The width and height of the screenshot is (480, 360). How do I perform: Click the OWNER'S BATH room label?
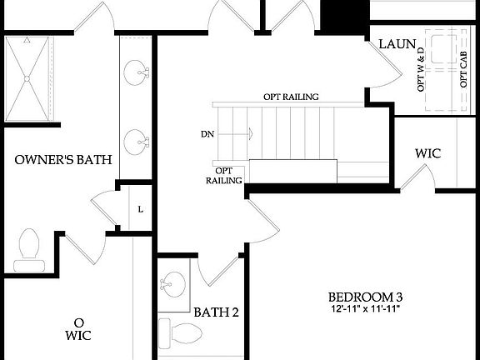click(x=64, y=161)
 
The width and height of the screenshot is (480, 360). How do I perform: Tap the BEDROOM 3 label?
click(x=365, y=297)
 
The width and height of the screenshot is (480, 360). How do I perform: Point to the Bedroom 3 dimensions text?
click(x=365, y=311)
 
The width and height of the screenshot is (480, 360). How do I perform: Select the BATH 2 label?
click(x=217, y=313)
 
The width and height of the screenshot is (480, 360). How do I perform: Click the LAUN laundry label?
click(x=397, y=44)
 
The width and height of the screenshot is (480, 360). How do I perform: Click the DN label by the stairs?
click(x=208, y=132)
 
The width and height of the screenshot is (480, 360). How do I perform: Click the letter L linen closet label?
click(x=140, y=209)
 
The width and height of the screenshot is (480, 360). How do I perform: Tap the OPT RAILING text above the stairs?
click(x=292, y=97)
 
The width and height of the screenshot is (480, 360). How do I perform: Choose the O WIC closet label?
click(x=79, y=328)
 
